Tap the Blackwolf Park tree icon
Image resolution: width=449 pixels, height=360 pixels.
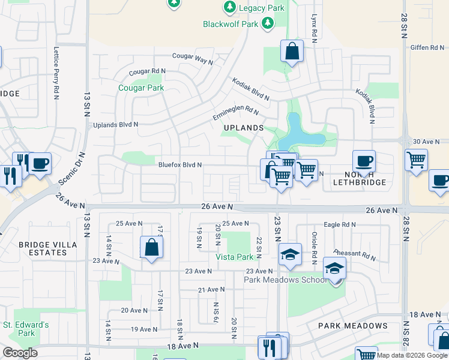(268, 24)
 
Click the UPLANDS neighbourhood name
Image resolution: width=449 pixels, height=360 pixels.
(244, 128)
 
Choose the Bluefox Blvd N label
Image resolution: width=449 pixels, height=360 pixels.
(179, 165)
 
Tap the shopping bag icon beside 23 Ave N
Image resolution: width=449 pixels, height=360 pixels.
(151, 247)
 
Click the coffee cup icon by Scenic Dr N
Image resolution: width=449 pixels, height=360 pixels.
(40, 163)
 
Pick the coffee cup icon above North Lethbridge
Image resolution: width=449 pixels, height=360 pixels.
(364, 161)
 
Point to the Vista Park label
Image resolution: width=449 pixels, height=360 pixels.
(235, 256)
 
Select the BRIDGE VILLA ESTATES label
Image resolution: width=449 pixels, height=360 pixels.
(43, 248)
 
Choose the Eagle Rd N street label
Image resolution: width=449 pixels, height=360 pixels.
(339, 224)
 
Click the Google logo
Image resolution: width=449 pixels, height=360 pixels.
(20, 352)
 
